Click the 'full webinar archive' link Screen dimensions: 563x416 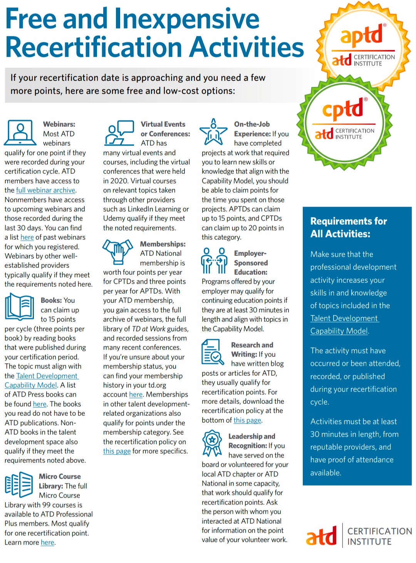46,190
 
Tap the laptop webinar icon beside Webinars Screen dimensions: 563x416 20,132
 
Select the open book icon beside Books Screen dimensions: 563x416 19,306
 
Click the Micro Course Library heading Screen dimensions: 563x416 60,481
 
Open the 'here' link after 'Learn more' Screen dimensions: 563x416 47,543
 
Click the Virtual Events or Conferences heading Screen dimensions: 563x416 165,129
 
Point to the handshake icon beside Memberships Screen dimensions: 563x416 117,250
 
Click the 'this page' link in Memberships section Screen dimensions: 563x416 117,451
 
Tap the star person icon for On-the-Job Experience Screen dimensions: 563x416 213,131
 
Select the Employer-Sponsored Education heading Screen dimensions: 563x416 251,263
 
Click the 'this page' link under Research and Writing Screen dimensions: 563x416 247,420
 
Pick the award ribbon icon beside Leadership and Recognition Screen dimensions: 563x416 212,444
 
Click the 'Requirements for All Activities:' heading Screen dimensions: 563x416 348,227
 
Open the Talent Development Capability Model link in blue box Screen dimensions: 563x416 344,324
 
